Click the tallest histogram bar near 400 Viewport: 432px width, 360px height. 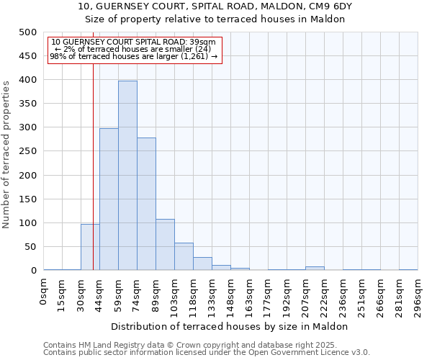coord(127,176)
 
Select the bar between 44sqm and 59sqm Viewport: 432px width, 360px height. coord(109,199)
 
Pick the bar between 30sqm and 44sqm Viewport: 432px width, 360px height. coord(90,247)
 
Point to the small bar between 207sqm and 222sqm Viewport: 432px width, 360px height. coord(315,268)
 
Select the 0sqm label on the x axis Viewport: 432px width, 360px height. coord(44,294)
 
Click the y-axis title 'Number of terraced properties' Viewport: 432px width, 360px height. coord(6,154)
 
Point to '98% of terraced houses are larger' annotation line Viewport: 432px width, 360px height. coord(134,56)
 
